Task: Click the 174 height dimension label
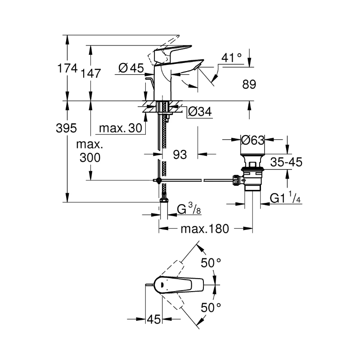67,68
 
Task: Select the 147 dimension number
91,73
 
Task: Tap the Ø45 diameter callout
131,68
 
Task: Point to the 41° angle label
231,58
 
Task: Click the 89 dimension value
249,84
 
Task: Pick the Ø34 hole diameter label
200,112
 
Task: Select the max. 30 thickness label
121,128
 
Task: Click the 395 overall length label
66,128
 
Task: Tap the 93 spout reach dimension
180,154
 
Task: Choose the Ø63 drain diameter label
252,140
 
